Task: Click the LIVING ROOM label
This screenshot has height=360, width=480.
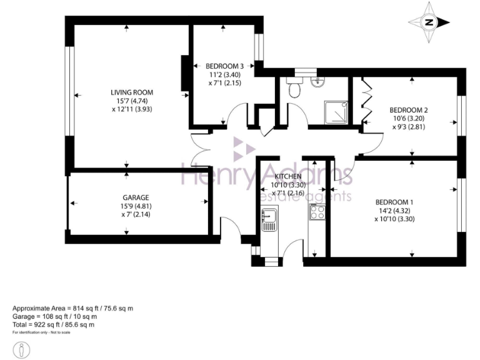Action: tap(127, 92)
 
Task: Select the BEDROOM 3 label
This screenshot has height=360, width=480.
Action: tap(224, 66)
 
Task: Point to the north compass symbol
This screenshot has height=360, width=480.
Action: tap(429, 22)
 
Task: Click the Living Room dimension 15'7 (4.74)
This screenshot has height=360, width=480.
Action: tap(127, 101)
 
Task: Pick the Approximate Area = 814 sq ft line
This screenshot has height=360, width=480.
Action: tap(73, 309)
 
